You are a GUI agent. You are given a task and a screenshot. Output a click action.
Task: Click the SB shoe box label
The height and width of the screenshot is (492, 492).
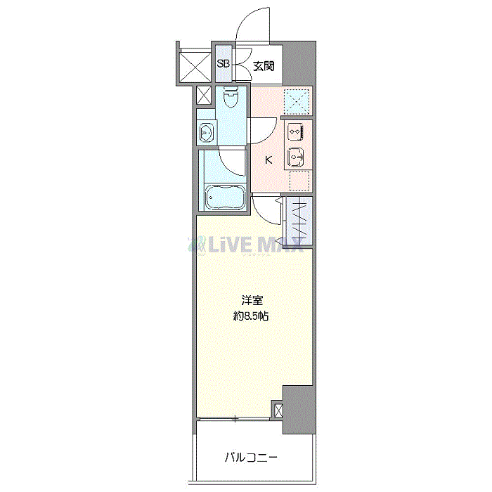(223, 64)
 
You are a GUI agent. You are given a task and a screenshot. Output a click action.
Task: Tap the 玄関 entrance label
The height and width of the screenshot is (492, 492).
(264, 66)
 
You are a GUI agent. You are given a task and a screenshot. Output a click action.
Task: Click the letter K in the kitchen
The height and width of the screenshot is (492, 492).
(268, 160)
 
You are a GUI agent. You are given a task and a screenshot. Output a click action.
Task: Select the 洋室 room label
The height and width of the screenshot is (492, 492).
(252, 300)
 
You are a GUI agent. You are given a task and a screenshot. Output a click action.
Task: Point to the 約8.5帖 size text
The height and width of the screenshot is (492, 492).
(251, 316)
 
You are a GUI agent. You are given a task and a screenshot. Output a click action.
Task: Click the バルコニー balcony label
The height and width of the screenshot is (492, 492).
(251, 458)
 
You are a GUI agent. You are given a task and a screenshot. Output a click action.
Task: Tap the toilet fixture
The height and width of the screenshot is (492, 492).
(231, 96)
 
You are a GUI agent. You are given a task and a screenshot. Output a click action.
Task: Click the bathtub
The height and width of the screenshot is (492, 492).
(225, 197)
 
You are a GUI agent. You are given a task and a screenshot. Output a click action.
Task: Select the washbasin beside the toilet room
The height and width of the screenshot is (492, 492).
(206, 133)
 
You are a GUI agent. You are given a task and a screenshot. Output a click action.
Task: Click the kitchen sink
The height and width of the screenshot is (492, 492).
(296, 156)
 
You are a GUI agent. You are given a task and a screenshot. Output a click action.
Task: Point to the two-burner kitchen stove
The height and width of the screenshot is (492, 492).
(296, 132)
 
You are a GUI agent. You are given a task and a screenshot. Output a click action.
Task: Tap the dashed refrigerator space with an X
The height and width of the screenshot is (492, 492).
(297, 102)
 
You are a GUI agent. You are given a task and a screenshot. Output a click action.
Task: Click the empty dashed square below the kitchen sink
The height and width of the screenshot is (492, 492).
(299, 181)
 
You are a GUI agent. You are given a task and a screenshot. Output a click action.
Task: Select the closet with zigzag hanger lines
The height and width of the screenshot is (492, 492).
(298, 221)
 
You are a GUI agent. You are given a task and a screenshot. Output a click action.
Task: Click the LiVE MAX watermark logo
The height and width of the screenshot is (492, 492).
(245, 245)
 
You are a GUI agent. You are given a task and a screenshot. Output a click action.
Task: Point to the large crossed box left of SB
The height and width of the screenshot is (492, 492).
(195, 67)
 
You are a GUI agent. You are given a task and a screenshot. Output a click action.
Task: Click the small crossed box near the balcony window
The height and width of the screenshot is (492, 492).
(278, 410)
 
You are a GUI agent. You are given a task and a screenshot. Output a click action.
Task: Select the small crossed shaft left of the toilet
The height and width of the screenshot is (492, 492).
(204, 96)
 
